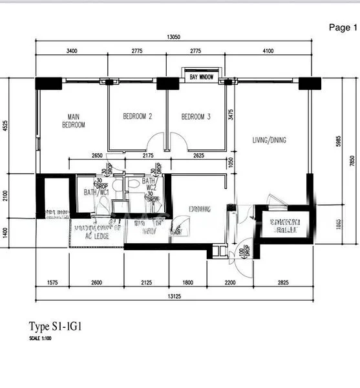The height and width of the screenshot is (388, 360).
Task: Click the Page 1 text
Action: (x=343, y=27)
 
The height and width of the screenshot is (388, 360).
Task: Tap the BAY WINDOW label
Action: (x=202, y=77)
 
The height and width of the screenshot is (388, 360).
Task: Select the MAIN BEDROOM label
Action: (x=73, y=120)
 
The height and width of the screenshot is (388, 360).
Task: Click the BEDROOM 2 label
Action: (x=137, y=117)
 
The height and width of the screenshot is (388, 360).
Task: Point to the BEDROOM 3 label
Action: (x=195, y=117)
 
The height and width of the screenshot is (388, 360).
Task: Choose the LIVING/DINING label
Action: (x=269, y=140)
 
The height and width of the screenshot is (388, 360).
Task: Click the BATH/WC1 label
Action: (x=96, y=192)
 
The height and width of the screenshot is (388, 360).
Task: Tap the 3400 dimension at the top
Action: (x=72, y=51)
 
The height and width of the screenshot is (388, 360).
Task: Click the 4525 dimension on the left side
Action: (x=6, y=126)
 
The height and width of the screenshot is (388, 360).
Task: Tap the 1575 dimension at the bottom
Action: (x=53, y=283)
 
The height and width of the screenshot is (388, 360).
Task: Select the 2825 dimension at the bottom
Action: (x=283, y=283)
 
